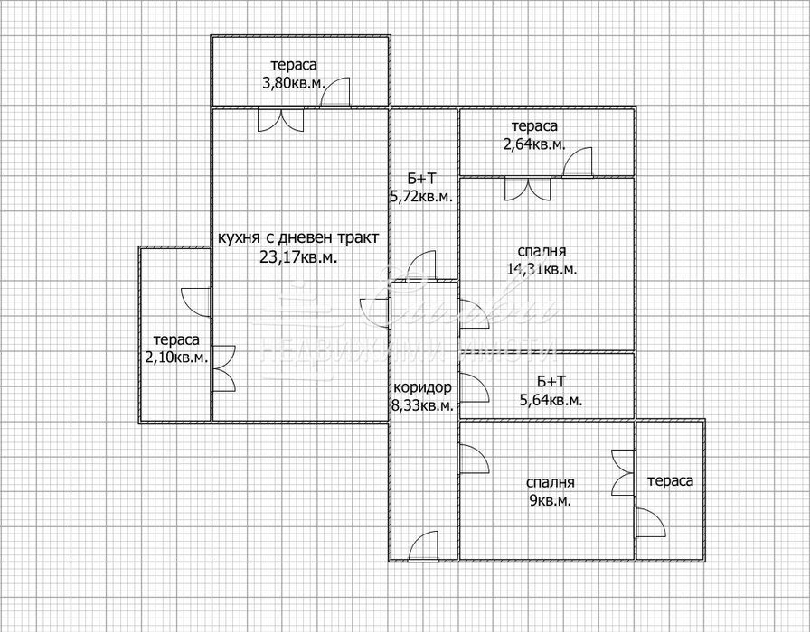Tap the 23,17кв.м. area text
(x=298, y=256)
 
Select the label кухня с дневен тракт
(x=298, y=238)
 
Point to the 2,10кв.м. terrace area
(x=176, y=357)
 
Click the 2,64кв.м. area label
(x=533, y=144)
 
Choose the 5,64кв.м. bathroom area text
(x=548, y=400)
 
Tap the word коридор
(x=421, y=388)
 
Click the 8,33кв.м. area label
(x=422, y=406)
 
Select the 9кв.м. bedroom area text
(x=548, y=500)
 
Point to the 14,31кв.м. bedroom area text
(x=542, y=268)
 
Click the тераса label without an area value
(x=669, y=481)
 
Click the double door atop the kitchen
(x=281, y=120)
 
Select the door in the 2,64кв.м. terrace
(x=577, y=163)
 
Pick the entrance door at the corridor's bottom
(x=424, y=546)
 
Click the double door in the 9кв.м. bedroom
(x=622, y=472)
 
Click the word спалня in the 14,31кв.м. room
(x=542, y=251)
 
